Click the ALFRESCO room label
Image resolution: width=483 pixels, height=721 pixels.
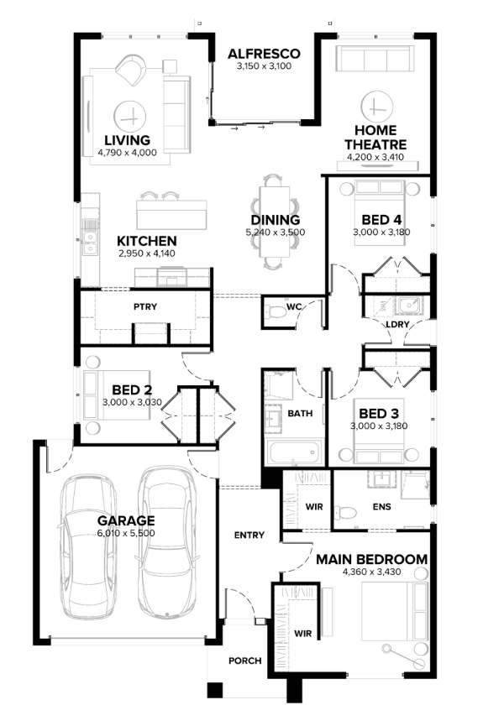point(264,54)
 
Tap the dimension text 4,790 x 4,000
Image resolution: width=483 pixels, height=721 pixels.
point(127,153)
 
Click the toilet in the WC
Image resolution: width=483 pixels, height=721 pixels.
point(276,311)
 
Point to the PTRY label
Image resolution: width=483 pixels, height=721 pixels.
point(145,306)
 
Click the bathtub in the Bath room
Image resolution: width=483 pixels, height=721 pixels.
point(293,453)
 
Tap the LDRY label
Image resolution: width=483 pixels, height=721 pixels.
point(397,324)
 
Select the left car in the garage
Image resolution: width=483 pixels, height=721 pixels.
point(89,546)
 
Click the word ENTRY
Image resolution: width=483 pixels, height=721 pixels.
point(249,536)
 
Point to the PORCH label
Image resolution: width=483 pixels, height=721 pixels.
point(245,661)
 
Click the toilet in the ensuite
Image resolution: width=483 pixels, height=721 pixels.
point(346,512)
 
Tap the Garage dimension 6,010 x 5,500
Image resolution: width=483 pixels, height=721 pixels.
point(126,533)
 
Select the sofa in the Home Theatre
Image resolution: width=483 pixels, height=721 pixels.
point(375,59)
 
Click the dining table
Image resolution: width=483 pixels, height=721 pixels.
point(275,222)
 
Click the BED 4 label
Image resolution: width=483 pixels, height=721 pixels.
point(382,220)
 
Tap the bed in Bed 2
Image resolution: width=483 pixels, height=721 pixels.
point(117,395)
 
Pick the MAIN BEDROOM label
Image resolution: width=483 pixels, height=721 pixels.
point(372,560)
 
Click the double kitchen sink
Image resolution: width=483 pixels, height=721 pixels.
point(90,243)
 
